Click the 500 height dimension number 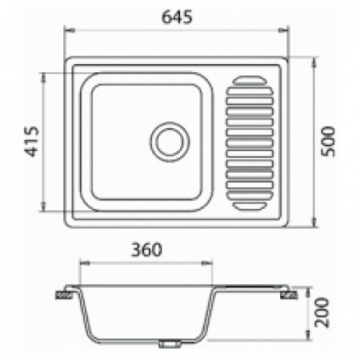click(x=324, y=142)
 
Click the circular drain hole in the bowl click(x=170, y=141)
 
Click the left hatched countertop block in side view click(x=63, y=294)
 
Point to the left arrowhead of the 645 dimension click(x=68, y=30)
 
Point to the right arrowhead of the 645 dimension click(x=285, y=30)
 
